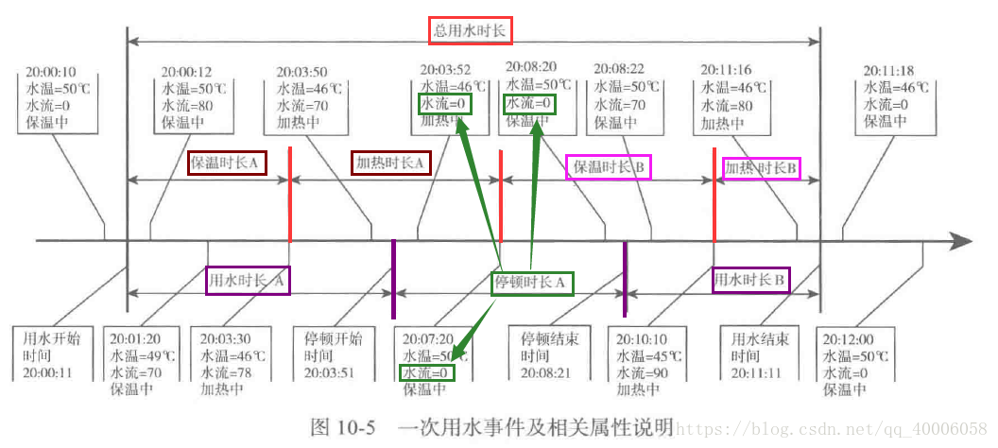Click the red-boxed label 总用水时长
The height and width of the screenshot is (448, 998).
click(x=471, y=30)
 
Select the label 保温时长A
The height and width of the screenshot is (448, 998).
click(x=227, y=163)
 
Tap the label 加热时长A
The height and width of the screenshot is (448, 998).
click(x=391, y=164)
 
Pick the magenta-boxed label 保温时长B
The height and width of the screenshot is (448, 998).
click(x=610, y=168)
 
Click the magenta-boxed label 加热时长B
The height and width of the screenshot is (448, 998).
click(x=761, y=169)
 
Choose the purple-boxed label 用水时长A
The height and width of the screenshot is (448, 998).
click(x=248, y=280)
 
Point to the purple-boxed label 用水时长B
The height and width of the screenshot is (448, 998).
click(x=751, y=280)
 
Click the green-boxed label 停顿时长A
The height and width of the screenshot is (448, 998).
click(x=531, y=283)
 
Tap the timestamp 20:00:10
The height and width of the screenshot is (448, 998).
click(x=52, y=72)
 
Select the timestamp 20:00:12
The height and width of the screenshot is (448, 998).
click(x=186, y=72)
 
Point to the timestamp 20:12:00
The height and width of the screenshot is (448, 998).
click(x=847, y=339)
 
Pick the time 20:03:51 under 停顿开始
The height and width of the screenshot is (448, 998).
click(x=332, y=372)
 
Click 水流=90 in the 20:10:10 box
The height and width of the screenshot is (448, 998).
click(x=642, y=372)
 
